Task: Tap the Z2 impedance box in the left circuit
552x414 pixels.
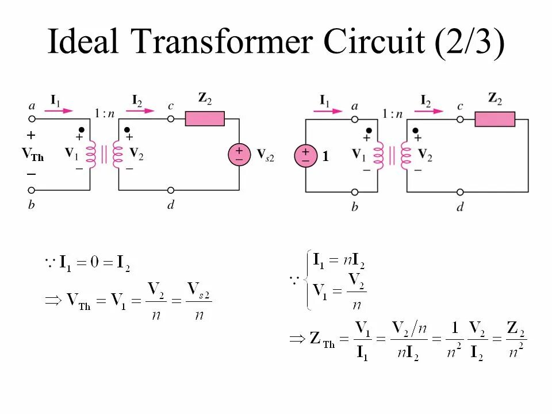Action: [x=205, y=119]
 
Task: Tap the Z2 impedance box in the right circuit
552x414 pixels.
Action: [x=494, y=119]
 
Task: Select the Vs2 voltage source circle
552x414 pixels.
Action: [x=239, y=155]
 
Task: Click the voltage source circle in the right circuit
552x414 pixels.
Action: [x=305, y=155]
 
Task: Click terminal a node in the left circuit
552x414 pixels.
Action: [x=32, y=119]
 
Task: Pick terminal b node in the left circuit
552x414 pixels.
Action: [x=32, y=190]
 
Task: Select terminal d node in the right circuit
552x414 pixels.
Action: [x=460, y=192]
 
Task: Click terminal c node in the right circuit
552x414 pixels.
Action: [x=460, y=119]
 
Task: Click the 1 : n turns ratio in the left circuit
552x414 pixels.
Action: [x=105, y=113]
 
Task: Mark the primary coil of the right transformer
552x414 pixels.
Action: [x=378, y=155]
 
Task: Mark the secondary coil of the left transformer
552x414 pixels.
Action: [x=118, y=155]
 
